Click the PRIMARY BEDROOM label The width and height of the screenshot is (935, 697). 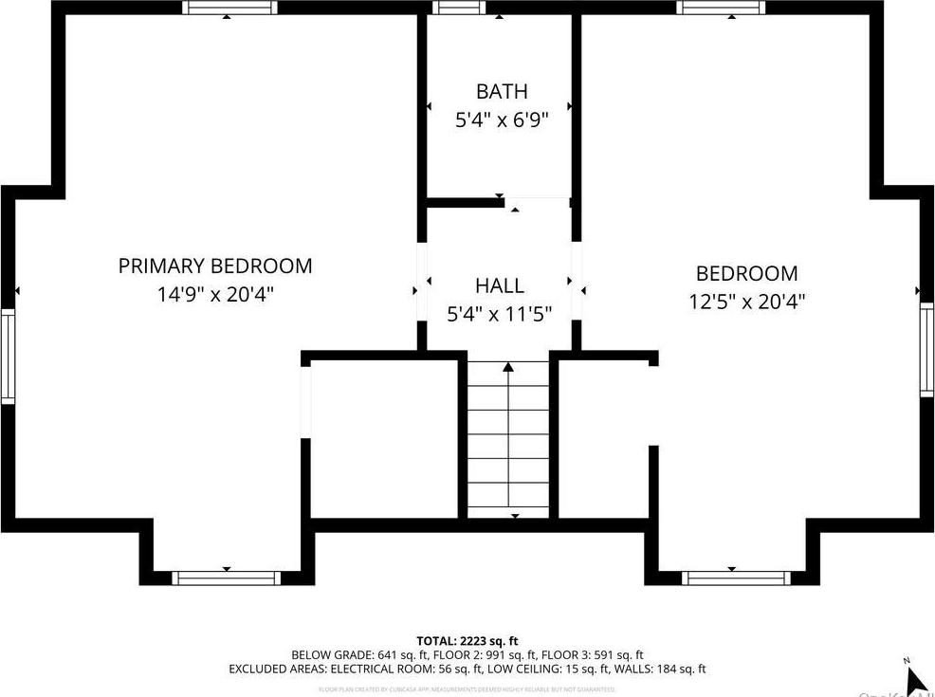click(215, 266)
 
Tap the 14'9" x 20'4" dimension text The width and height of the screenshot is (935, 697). click(215, 295)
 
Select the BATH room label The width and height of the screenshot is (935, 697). click(502, 92)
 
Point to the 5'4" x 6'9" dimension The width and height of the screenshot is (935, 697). click(502, 120)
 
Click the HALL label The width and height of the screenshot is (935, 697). click(499, 285)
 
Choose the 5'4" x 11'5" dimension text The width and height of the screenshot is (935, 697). click(499, 314)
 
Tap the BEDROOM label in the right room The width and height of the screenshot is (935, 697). click(746, 274)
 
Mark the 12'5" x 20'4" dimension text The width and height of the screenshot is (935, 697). click(746, 303)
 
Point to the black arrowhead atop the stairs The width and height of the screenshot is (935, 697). click(508, 366)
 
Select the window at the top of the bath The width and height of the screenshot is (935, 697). click(460, 8)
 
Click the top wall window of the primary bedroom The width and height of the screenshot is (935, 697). click(230, 8)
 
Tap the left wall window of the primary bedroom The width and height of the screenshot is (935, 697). click(8, 356)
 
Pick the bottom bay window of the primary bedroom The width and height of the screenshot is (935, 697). click(226, 578)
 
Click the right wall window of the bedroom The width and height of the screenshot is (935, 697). click(926, 348)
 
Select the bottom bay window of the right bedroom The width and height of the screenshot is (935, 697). click(737, 578)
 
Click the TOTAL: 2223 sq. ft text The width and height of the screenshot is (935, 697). click(467, 641)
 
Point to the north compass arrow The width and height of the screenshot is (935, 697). click(915, 679)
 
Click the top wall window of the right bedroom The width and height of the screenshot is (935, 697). click(722, 8)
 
